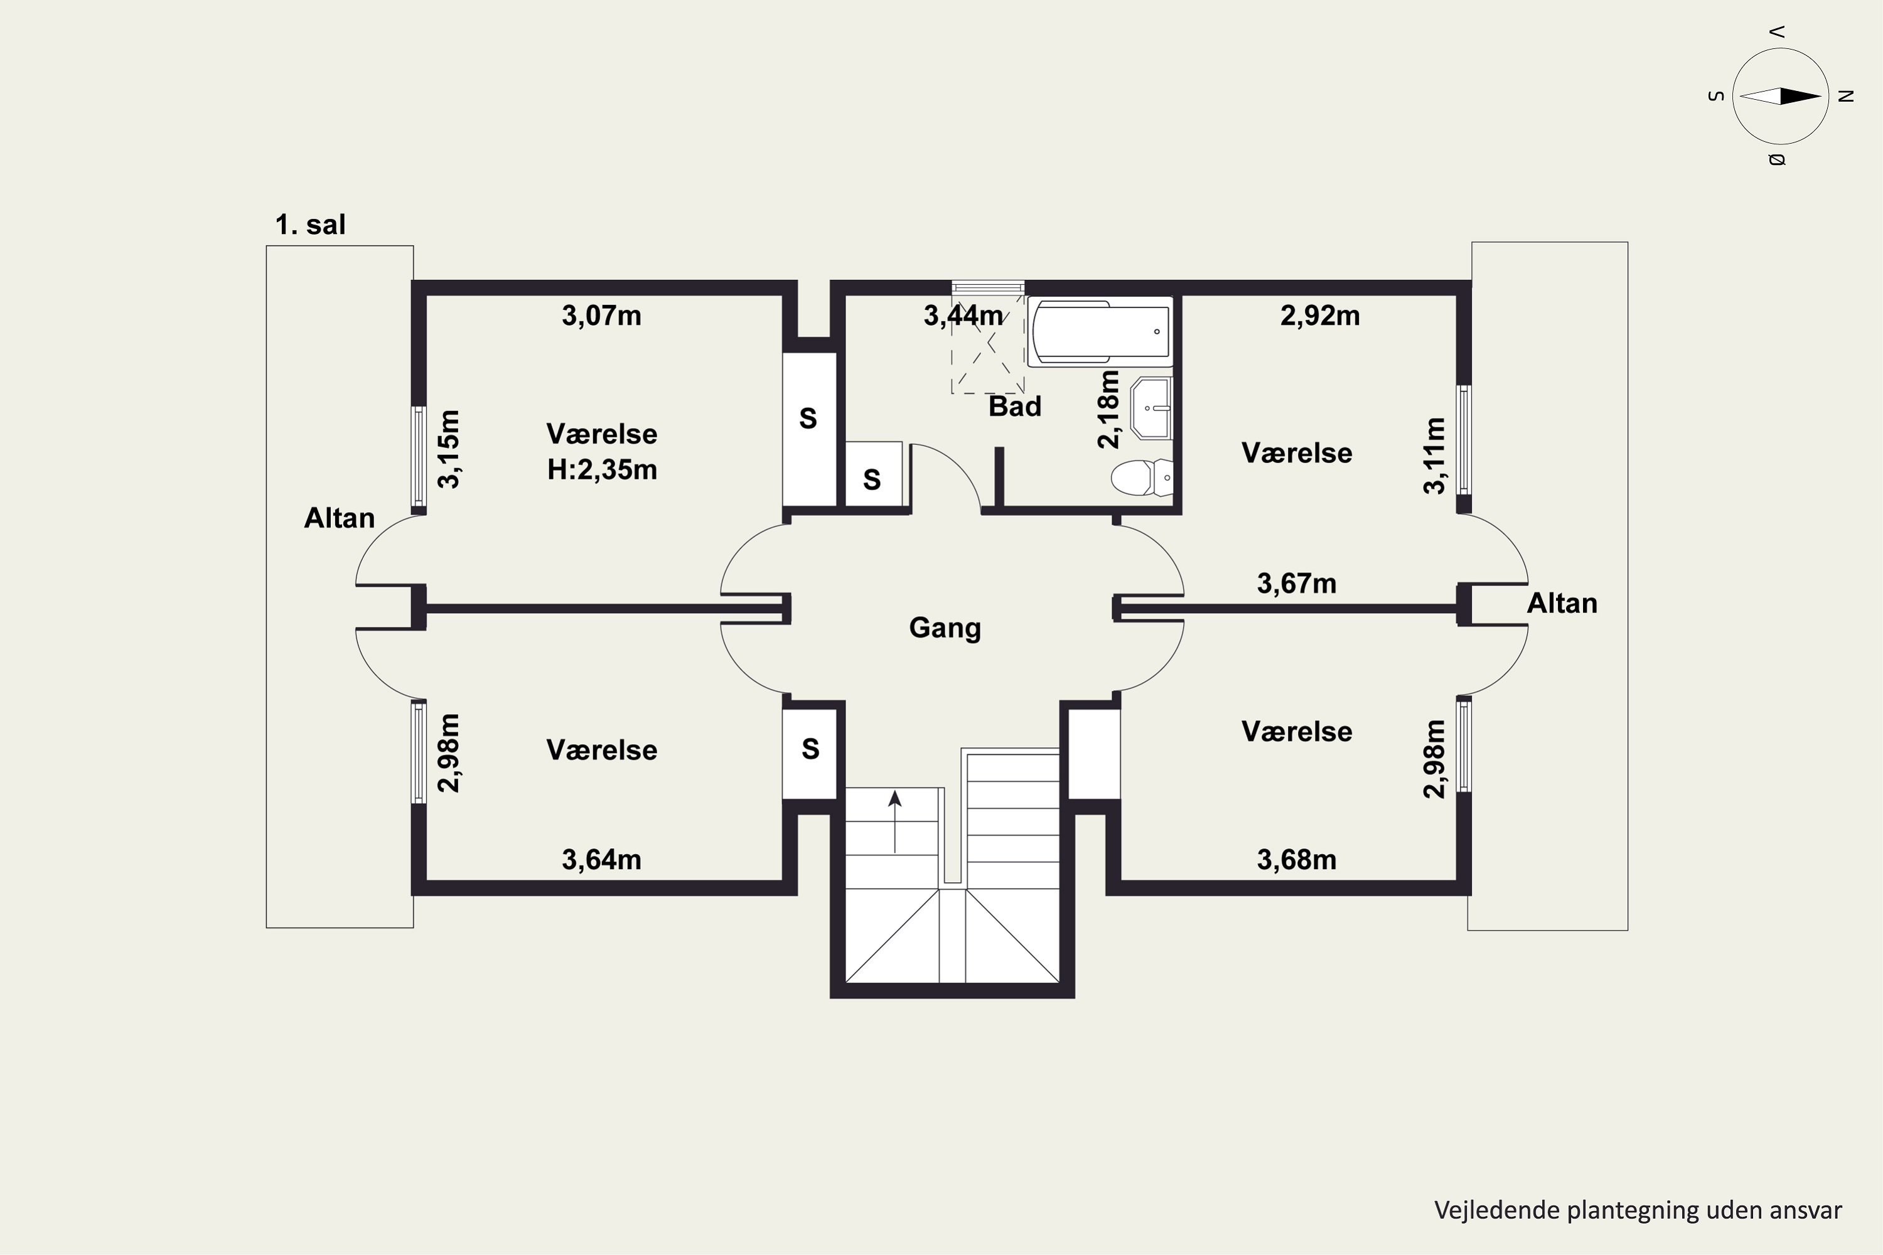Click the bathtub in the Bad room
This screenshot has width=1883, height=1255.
tap(1100, 331)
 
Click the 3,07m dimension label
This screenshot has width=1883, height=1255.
tap(601, 316)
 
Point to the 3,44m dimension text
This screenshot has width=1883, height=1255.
tap(963, 316)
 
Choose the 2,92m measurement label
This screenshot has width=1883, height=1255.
tap(1320, 316)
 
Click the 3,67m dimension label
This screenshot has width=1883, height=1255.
tap(1297, 584)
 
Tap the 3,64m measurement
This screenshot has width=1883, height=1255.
tap(601, 860)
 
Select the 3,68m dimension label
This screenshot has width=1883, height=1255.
tap(1297, 860)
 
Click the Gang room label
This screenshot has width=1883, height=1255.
tap(945, 628)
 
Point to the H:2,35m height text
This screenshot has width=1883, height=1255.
tap(602, 470)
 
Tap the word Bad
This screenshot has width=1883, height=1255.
tap(1015, 407)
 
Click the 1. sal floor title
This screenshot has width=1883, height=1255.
tap(311, 225)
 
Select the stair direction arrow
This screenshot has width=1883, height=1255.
tap(895, 821)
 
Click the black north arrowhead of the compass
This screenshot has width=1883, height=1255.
tap(1801, 97)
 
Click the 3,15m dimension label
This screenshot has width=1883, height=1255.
tap(449, 449)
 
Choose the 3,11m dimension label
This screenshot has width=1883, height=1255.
tap(1435, 456)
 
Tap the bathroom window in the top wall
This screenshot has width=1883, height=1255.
tap(988, 287)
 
